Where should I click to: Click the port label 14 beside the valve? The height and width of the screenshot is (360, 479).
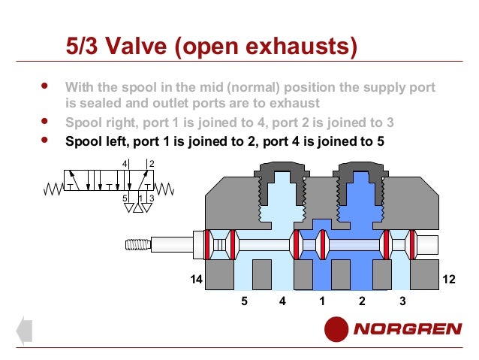coord(196,279)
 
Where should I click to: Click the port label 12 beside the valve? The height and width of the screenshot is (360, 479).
coord(449,279)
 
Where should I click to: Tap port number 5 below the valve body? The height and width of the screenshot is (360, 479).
coord(244,301)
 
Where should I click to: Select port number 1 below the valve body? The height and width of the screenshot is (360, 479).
coord(322,301)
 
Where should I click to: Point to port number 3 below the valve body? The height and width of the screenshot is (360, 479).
coord(402,301)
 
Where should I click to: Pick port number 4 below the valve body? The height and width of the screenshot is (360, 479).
coord(282,301)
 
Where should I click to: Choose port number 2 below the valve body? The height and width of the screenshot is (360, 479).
coord(362,301)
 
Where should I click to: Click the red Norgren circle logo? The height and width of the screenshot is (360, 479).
coord(336,329)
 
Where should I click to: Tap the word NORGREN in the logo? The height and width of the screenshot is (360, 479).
coord(408,329)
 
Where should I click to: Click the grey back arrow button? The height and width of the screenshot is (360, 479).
coord(25,331)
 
